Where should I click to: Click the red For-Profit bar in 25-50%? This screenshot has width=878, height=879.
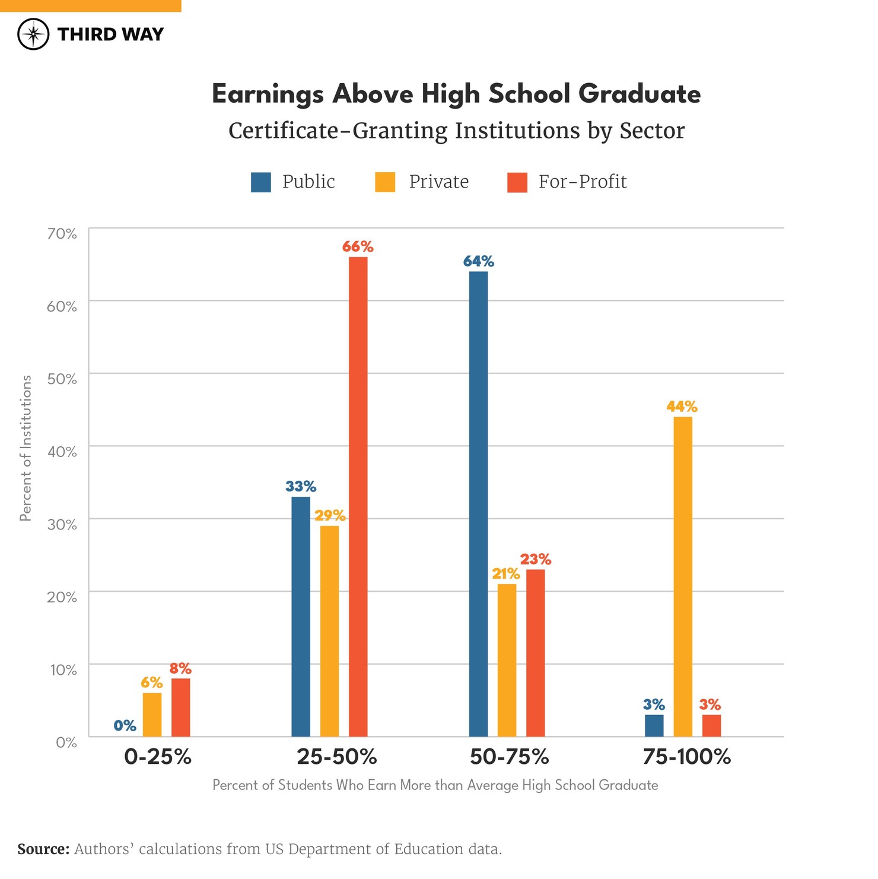[x=358, y=496]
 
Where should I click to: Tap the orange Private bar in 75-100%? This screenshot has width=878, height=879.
[x=683, y=576]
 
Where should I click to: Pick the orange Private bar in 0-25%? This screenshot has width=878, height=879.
[x=152, y=715]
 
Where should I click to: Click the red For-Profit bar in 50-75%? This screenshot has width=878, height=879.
[x=535, y=653]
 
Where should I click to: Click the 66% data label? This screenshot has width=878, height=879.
[x=358, y=246]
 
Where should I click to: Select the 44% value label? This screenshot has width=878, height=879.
[x=682, y=407]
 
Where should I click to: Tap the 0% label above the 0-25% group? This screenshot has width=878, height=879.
[x=125, y=725]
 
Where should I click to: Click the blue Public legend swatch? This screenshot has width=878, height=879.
[x=261, y=182]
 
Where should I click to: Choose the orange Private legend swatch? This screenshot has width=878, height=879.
[x=385, y=182]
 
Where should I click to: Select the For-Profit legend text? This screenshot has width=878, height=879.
[x=582, y=182]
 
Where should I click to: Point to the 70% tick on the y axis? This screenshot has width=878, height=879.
[x=62, y=234]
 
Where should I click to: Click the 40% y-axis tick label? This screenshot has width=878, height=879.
[x=62, y=452]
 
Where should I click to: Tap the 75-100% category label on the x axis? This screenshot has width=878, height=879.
[x=686, y=757]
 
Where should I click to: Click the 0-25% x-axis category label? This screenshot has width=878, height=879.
[x=158, y=757]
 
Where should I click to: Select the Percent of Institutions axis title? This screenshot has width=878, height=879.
[x=26, y=448]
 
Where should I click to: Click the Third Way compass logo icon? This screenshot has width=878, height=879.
[x=33, y=34]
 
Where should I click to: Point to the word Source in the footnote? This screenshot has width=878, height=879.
[x=43, y=849]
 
